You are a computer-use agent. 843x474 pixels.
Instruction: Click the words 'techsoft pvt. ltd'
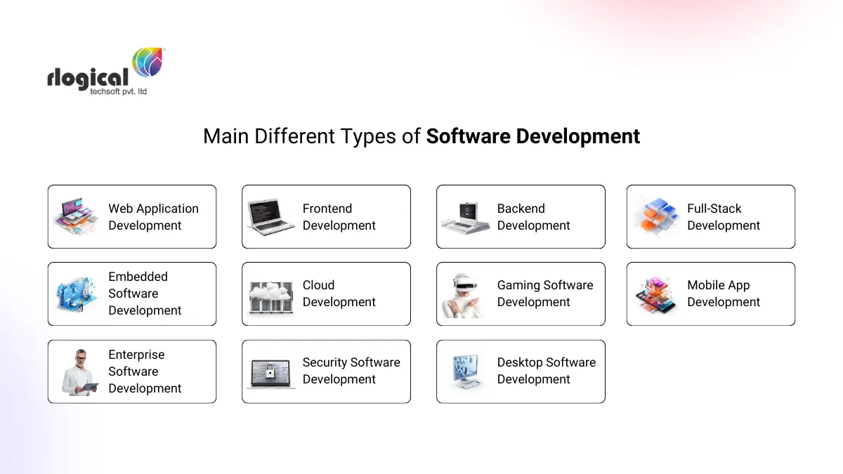click(119, 91)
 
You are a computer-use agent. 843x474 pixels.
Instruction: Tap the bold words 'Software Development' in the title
click(533, 136)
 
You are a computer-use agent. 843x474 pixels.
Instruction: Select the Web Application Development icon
click(77, 216)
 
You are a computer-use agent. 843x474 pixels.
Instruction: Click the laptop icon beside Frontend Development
click(271, 216)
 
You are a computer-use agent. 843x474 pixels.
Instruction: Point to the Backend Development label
click(533, 217)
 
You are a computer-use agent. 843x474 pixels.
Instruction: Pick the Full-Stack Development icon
click(656, 216)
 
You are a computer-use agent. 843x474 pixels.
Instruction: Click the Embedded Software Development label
click(145, 294)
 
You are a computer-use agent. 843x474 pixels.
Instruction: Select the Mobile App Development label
click(724, 294)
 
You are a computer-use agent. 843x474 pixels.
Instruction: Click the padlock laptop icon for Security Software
click(271, 373)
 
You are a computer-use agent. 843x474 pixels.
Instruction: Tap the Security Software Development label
click(351, 371)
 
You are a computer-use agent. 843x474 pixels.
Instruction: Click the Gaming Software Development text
click(545, 294)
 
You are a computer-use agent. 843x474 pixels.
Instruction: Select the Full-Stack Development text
click(724, 217)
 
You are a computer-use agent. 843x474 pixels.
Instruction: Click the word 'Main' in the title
click(226, 136)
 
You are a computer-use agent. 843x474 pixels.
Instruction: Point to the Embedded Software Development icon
click(77, 294)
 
